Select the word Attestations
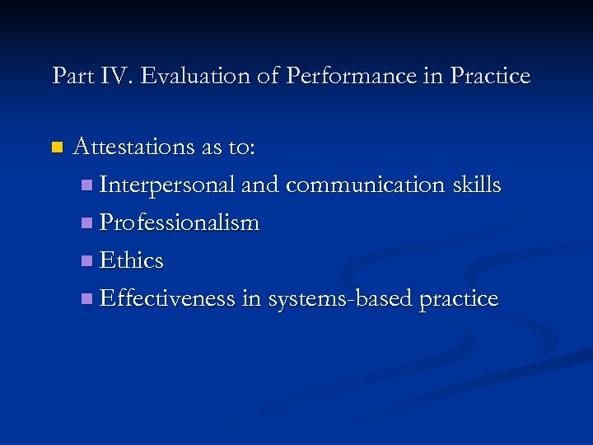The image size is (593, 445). pos(134,148)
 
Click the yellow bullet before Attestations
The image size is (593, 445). pos(56,148)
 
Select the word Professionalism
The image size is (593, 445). pos(180,223)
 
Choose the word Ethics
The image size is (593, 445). pos(131,261)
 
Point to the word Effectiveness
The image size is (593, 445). pos(167,298)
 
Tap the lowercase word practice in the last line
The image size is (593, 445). pos(458,299)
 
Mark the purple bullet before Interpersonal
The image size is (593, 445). pos(88,186)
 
